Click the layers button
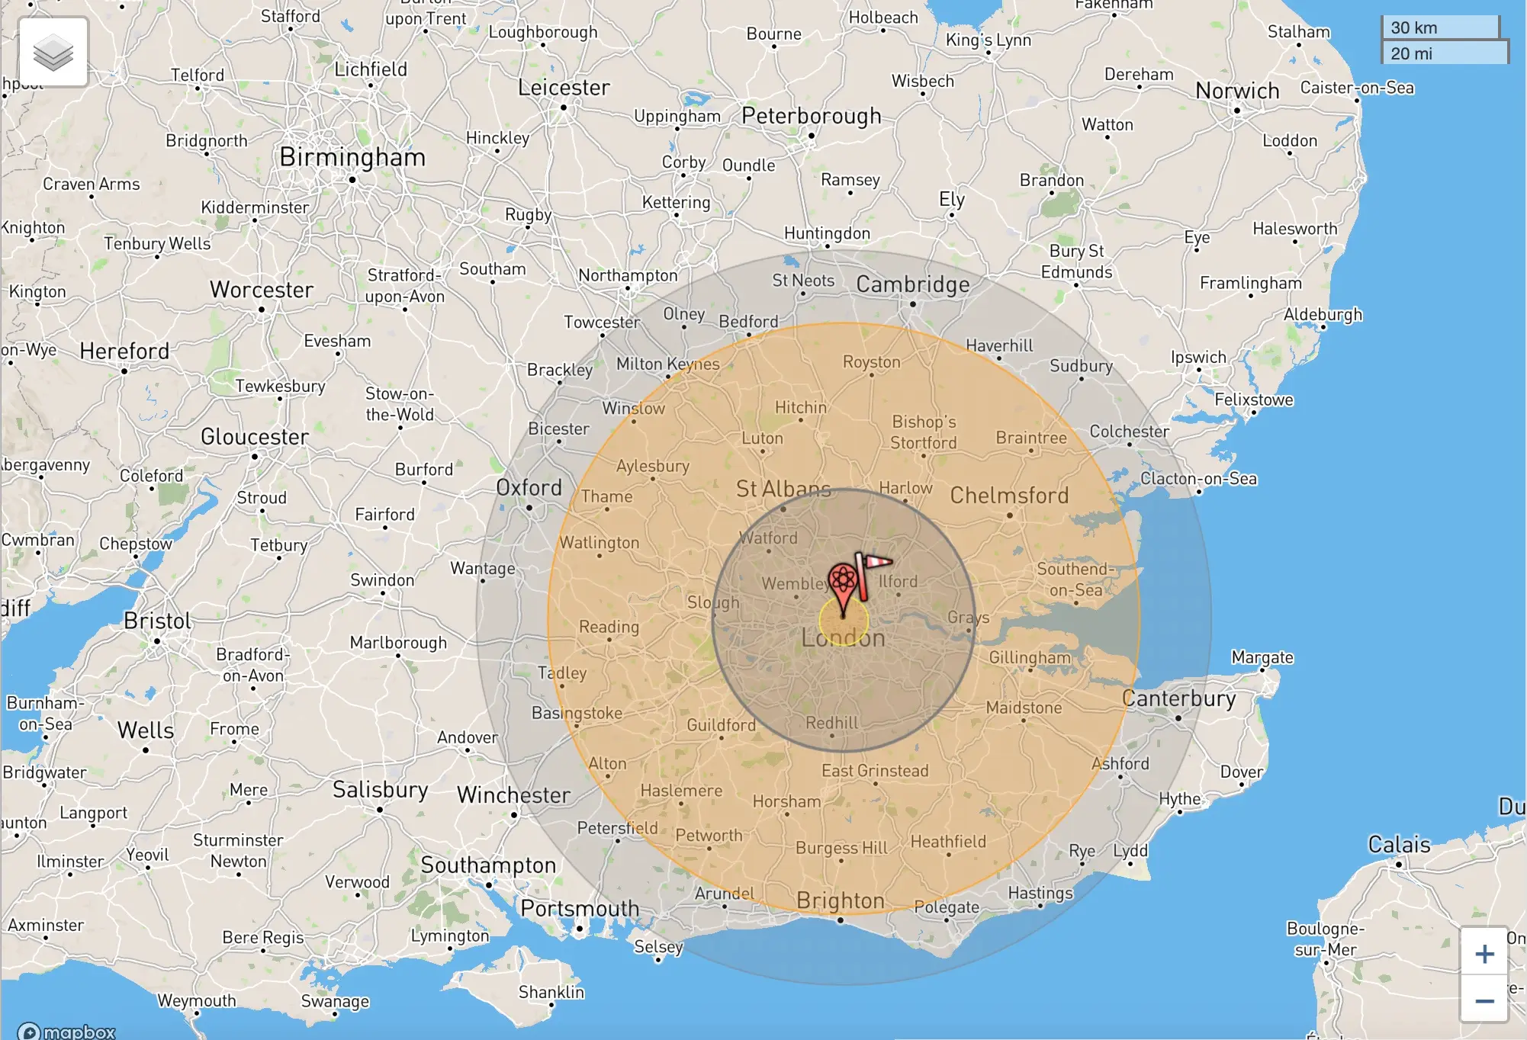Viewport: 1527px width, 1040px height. (x=53, y=53)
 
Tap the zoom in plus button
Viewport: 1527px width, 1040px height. (x=1484, y=953)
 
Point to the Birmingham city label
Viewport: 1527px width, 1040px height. (x=352, y=157)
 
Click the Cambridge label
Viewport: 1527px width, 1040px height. (x=912, y=284)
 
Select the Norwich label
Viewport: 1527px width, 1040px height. (x=1236, y=91)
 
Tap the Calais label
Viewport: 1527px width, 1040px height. (x=1399, y=845)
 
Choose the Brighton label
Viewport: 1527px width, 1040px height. (x=840, y=900)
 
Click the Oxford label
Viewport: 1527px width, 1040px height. (x=529, y=488)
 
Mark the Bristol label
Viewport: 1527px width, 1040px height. (x=157, y=621)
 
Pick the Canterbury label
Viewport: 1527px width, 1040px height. (x=1178, y=698)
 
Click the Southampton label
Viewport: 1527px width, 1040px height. (x=488, y=865)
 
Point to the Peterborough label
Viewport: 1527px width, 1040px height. (x=811, y=116)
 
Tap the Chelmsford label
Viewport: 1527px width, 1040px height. (x=1008, y=496)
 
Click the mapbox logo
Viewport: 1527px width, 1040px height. (x=67, y=1032)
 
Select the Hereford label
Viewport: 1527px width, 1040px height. (x=124, y=351)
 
